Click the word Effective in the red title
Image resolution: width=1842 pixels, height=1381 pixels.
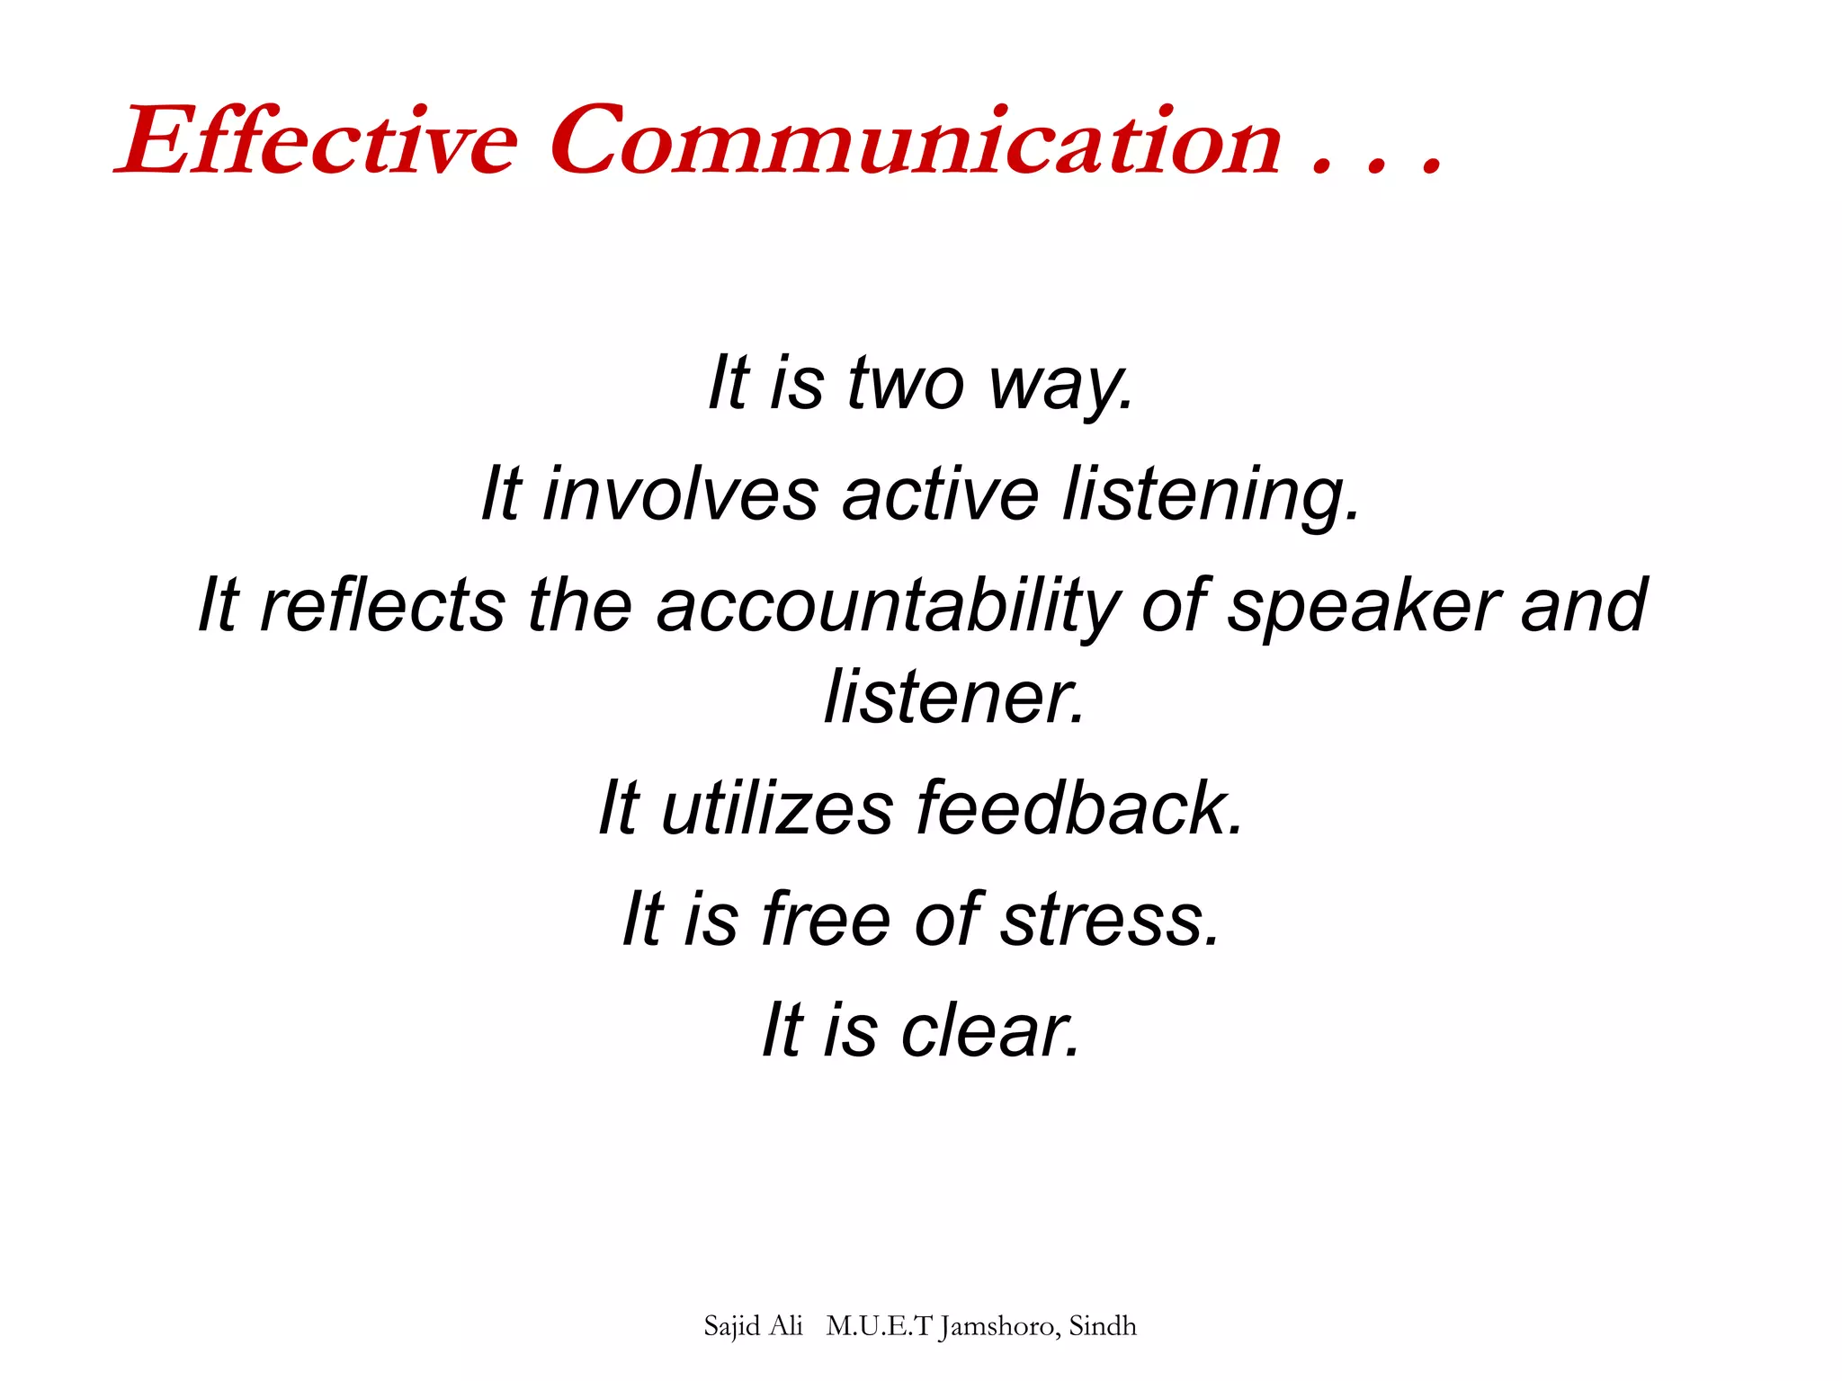319,142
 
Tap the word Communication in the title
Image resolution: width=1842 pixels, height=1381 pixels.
915,142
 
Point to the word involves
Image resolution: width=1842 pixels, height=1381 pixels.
680,494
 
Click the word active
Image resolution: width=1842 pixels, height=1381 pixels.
941,494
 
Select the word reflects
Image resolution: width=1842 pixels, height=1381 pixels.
382,605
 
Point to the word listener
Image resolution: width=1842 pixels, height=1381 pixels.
954,697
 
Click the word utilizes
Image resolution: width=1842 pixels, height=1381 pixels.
777,807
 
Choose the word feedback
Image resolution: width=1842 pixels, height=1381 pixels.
1079,807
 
